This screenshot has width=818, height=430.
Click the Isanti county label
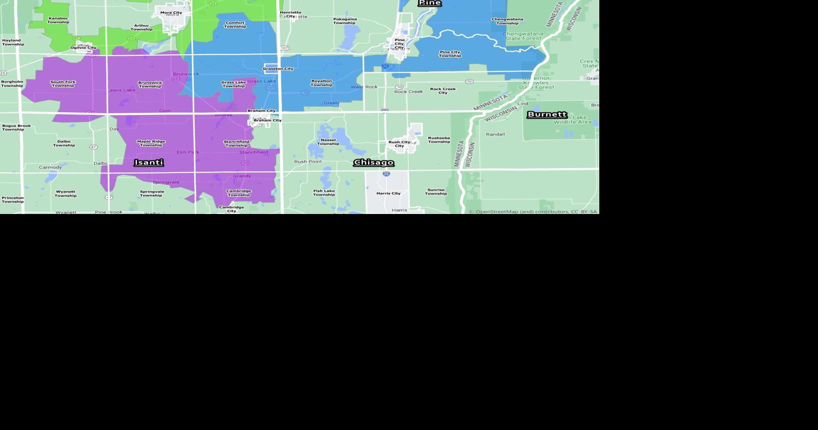149,162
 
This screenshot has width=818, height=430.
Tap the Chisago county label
374,162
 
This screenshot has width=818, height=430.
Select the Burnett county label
547,114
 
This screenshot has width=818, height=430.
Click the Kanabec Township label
58,20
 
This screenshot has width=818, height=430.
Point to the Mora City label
171,12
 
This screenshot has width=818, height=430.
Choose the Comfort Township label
235,24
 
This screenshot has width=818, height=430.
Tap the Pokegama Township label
345,21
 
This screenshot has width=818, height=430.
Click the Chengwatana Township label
507,21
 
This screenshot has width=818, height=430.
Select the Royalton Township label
322,83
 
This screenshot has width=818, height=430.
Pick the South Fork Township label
63,83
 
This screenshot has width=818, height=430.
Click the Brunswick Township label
150,84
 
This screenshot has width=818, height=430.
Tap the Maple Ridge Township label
151,143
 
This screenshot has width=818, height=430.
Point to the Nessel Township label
328,142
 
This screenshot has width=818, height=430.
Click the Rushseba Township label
439,140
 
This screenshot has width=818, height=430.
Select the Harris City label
389,193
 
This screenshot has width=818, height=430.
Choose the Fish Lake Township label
324,192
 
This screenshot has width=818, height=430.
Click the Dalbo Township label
64,143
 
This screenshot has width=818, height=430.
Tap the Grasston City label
278,69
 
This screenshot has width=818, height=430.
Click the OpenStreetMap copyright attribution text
533,211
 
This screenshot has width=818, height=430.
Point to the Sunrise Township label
436,192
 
